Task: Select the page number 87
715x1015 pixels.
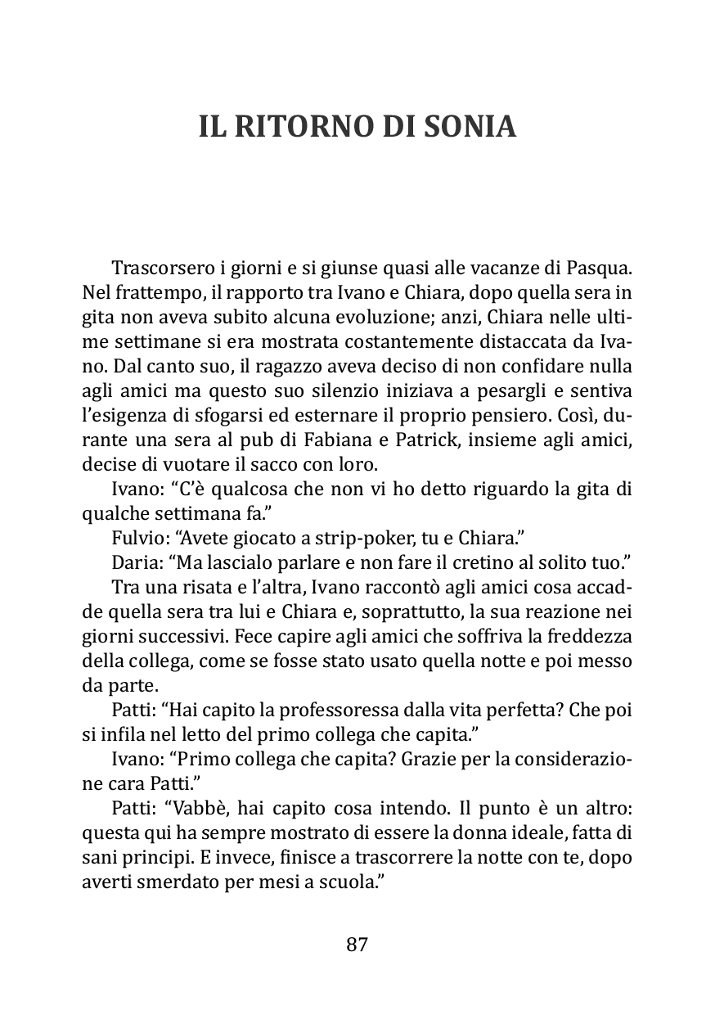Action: click(x=357, y=944)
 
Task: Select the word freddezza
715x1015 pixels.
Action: click(x=595, y=634)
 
